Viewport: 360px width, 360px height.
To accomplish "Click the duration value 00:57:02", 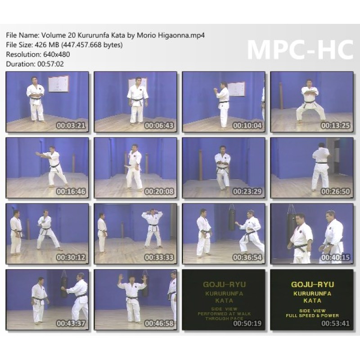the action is (50, 64).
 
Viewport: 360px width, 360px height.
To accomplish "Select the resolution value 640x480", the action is (57, 54).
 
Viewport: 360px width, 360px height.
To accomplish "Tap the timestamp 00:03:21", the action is (71, 126).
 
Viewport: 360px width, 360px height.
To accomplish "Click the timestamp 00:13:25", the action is (335, 126).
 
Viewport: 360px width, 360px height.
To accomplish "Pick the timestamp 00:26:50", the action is (335, 191).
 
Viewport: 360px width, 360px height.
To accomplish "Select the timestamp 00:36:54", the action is (247, 257).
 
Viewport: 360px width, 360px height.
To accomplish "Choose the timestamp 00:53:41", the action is (335, 323).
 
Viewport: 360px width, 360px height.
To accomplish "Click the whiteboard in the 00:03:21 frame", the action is (58, 84).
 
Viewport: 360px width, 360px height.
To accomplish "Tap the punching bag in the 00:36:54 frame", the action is (232, 218).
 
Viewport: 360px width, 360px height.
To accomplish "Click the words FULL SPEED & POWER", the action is (312, 316).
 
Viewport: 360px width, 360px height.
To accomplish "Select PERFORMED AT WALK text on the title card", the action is (224, 314).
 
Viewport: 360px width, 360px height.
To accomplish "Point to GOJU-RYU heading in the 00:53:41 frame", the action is (312, 284).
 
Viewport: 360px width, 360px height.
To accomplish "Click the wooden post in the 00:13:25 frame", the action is (281, 96).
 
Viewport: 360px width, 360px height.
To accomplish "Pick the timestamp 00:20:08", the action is (159, 191).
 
